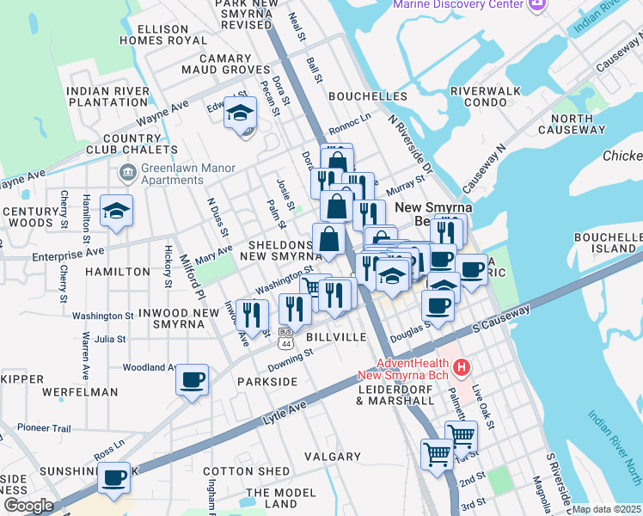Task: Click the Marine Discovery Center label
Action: coord(457,5)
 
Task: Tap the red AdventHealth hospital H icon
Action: coord(462,368)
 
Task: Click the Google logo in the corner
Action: coord(28,506)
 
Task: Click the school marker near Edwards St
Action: coord(240,113)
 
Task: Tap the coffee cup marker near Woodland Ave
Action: coord(192,379)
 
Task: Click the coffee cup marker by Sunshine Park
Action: coord(113,477)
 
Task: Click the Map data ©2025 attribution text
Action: coord(607,509)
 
